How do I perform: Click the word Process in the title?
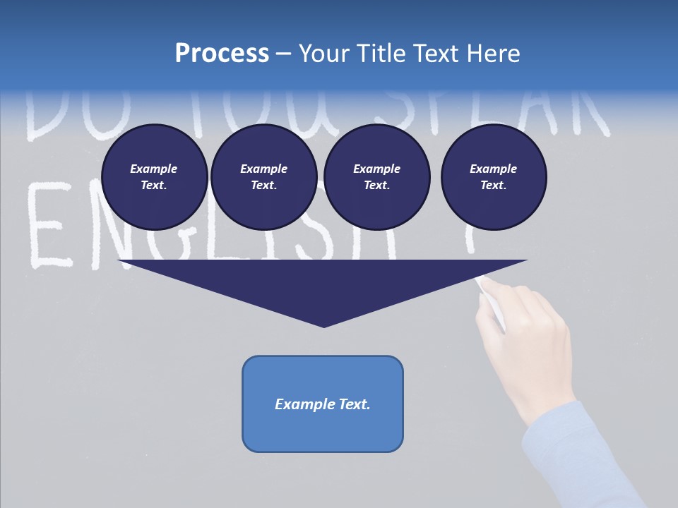222,54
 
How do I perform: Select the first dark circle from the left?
154,177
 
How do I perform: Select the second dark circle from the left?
263,177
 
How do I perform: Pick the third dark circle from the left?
376,177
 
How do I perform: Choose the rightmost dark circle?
493,177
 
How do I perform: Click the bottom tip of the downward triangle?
323,326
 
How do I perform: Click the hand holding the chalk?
526,339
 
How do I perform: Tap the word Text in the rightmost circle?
493,186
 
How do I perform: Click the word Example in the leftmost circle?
154,169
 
